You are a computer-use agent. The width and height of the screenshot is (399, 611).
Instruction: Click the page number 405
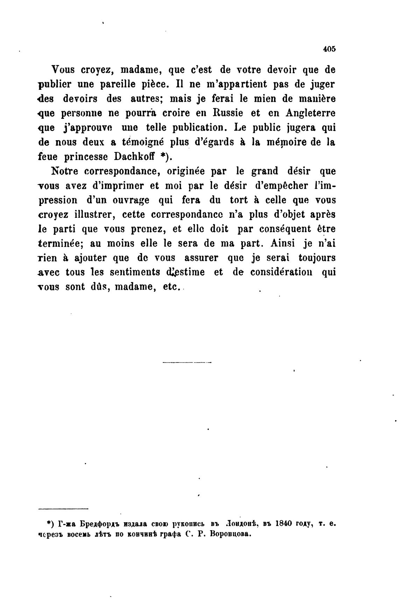329,49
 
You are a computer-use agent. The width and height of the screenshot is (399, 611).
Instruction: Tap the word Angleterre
310,113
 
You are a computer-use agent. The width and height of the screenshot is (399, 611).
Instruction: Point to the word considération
281,272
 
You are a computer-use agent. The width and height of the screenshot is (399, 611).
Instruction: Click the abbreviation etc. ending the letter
171,287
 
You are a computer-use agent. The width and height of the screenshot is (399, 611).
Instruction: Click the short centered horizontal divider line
187,362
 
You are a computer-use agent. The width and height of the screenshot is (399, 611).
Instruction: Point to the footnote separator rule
63,509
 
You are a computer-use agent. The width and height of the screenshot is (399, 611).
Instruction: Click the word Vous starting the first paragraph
63,70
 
